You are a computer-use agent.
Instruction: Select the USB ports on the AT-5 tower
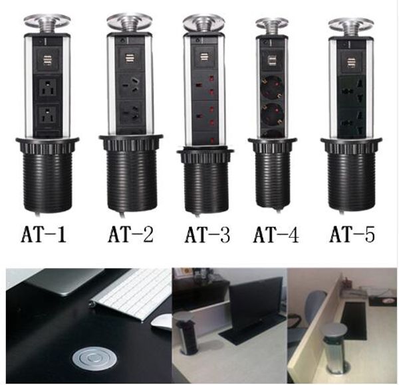tap(350, 64)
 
